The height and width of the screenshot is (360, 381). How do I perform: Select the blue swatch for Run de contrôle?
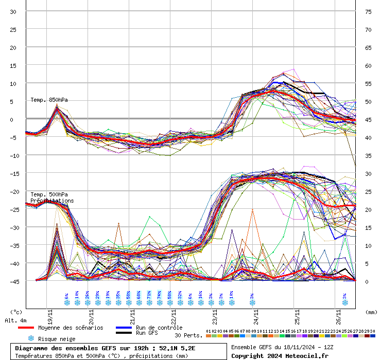124,328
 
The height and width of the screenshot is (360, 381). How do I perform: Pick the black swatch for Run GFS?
124,333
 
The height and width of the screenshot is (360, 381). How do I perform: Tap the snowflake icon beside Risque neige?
31,338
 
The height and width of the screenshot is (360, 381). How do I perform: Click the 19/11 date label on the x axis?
49,313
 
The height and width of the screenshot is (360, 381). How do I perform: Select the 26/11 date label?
338,313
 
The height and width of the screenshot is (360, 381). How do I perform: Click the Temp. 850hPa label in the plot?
49,100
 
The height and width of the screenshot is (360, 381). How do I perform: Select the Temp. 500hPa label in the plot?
49,194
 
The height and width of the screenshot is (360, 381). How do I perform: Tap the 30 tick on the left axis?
13,11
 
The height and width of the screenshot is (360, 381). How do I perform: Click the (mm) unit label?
371,312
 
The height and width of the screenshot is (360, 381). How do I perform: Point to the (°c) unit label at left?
16,312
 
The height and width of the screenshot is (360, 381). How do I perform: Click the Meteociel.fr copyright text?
279,355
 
